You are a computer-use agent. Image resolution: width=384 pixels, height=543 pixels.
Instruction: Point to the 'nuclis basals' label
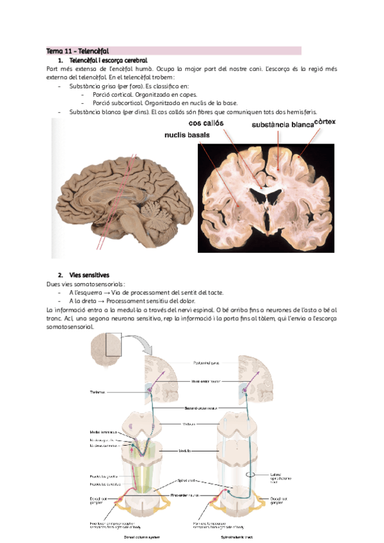point(189,135)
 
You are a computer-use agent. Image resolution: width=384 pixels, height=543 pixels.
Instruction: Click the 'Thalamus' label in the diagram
point(98,393)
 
